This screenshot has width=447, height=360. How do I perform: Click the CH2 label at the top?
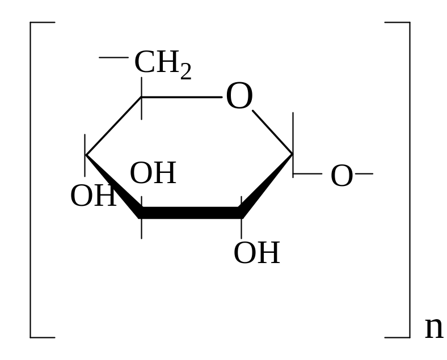click(x=162, y=63)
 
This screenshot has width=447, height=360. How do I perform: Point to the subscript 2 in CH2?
click(x=185, y=72)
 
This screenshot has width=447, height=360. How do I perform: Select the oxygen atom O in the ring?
click(x=239, y=97)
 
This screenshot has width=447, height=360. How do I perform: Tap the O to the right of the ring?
click(x=341, y=176)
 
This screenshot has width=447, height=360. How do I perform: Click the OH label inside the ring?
click(x=153, y=173)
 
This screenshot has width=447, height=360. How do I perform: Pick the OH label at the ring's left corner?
click(x=92, y=196)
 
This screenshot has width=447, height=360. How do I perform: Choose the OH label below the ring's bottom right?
click(x=256, y=253)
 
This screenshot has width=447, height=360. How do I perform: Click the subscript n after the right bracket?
click(x=434, y=328)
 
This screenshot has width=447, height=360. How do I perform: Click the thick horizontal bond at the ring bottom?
click(x=191, y=213)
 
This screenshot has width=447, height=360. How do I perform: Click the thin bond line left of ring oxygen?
click(x=182, y=98)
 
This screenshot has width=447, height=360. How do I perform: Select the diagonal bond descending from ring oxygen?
click(x=272, y=132)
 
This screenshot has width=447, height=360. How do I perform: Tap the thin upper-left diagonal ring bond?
click(x=113, y=126)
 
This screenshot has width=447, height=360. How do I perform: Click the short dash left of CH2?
click(x=113, y=57)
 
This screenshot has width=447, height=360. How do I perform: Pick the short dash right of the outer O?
click(x=364, y=173)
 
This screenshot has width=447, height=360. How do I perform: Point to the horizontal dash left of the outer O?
click(x=307, y=173)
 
